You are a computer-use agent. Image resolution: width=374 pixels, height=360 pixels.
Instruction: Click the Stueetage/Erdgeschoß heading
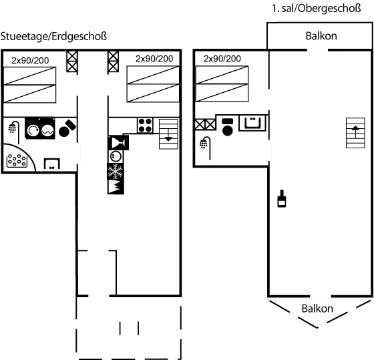[54, 35]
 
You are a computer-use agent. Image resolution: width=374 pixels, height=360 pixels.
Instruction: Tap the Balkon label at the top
[320, 36]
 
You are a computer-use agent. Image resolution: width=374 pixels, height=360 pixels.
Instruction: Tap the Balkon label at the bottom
[317, 309]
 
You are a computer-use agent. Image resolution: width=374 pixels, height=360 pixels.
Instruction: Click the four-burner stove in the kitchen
[145, 125]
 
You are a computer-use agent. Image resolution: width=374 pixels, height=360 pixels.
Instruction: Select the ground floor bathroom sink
[51, 164]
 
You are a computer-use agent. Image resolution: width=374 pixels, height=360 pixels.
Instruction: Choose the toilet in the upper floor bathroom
[228, 127]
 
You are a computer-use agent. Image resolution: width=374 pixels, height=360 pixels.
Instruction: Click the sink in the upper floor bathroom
[252, 122]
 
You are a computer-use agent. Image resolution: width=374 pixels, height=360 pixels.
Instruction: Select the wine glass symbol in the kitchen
[117, 142]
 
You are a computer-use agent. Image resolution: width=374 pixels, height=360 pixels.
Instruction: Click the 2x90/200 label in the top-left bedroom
[29, 60]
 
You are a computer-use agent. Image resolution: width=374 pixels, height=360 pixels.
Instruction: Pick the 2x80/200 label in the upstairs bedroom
[222, 59]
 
